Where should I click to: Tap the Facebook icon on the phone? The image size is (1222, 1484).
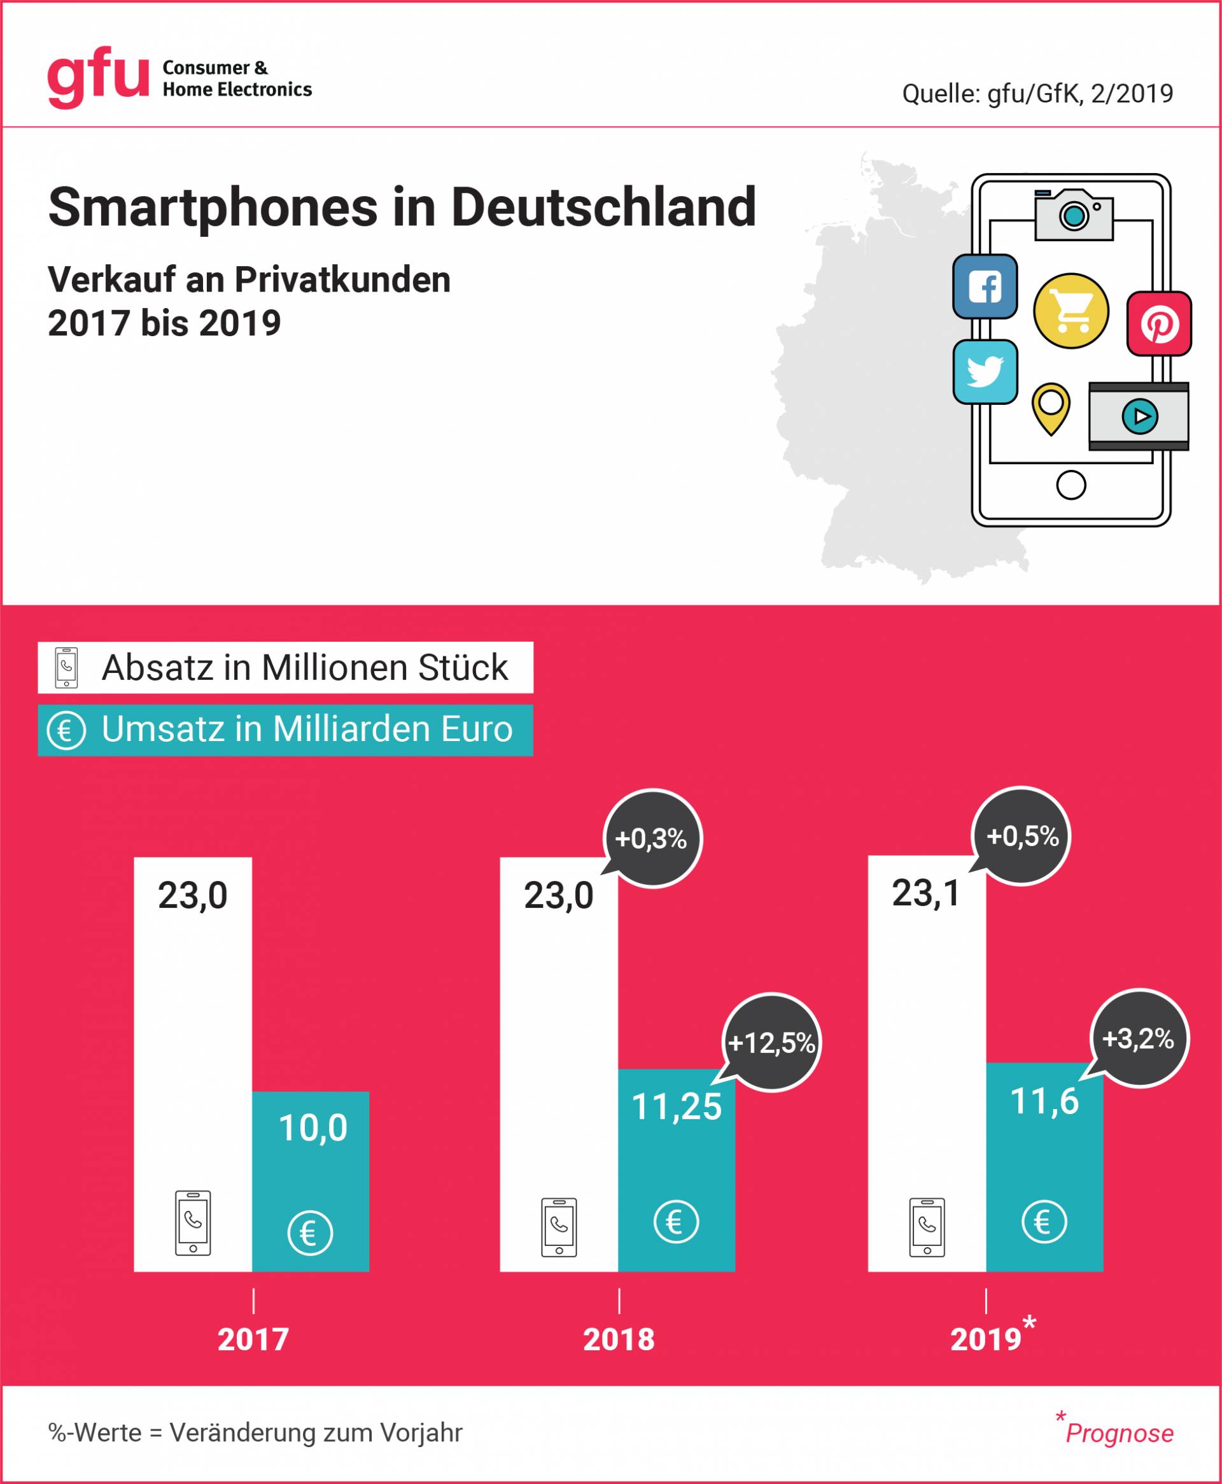click(x=985, y=286)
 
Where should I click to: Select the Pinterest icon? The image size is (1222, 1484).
click(x=1158, y=324)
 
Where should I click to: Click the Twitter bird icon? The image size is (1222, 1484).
click(x=985, y=372)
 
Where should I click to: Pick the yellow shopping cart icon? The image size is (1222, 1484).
click(x=1071, y=311)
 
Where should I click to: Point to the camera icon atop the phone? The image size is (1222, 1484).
click(x=1074, y=214)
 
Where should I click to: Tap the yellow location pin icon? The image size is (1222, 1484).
click(x=1050, y=407)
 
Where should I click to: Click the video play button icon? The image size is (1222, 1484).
click(x=1139, y=416)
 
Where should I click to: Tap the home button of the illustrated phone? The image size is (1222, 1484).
click(x=1071, y=485)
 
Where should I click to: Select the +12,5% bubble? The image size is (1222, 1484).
click(x=771, y=1043)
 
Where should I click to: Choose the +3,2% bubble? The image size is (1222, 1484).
click(x=1138, y=1038)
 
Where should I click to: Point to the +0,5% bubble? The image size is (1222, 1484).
click(x=1022, y=837)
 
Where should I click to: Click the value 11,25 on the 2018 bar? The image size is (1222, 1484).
click(x=677, y=1106)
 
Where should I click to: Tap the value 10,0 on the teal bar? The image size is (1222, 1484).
click(x=313, y=1127)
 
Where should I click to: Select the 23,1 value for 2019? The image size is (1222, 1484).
click(x=925, y=893)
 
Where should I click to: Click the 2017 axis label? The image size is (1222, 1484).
click(x=253, y=1339)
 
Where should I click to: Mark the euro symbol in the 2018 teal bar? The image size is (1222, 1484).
click(x=676, y=1222)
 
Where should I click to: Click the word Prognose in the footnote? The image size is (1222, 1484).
click(x=1120, y=1433)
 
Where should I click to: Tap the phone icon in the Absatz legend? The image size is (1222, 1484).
click(x=66, y=667)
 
